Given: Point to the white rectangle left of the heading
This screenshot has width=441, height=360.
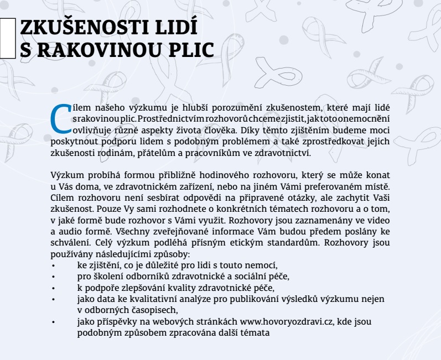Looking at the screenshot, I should tap(7, 38).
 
